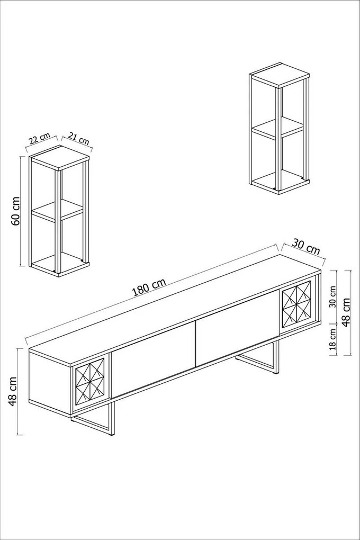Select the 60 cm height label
pyautogui.click(x=16, y=211)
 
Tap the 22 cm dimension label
pyautogui.click(x=39, y=139)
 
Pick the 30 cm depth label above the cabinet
pyautogui.click(x=306, y=247)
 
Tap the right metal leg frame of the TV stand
pyautogui.click(x=259, y=360)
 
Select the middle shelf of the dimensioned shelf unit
pyautogui.click(x=57, y=210)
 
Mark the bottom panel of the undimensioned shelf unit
pyautogui.click(x=279, y=182)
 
